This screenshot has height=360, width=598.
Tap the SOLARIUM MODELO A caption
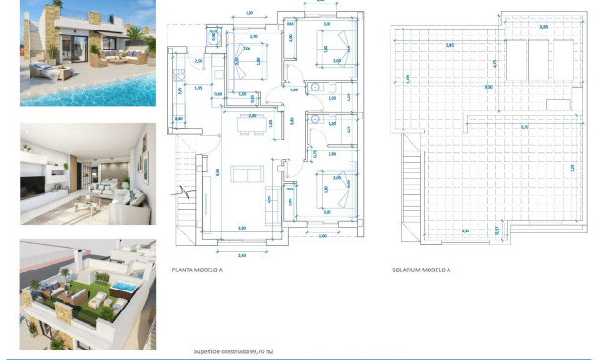click(x=421, y=270)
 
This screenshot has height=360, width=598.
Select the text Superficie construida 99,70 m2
click(x=232, y=351)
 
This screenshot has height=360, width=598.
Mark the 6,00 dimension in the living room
click(x=218, y=172)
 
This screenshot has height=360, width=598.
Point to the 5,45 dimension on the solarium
click(x=448, y=45)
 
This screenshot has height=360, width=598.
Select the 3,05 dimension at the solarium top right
click(x=543, y=27)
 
